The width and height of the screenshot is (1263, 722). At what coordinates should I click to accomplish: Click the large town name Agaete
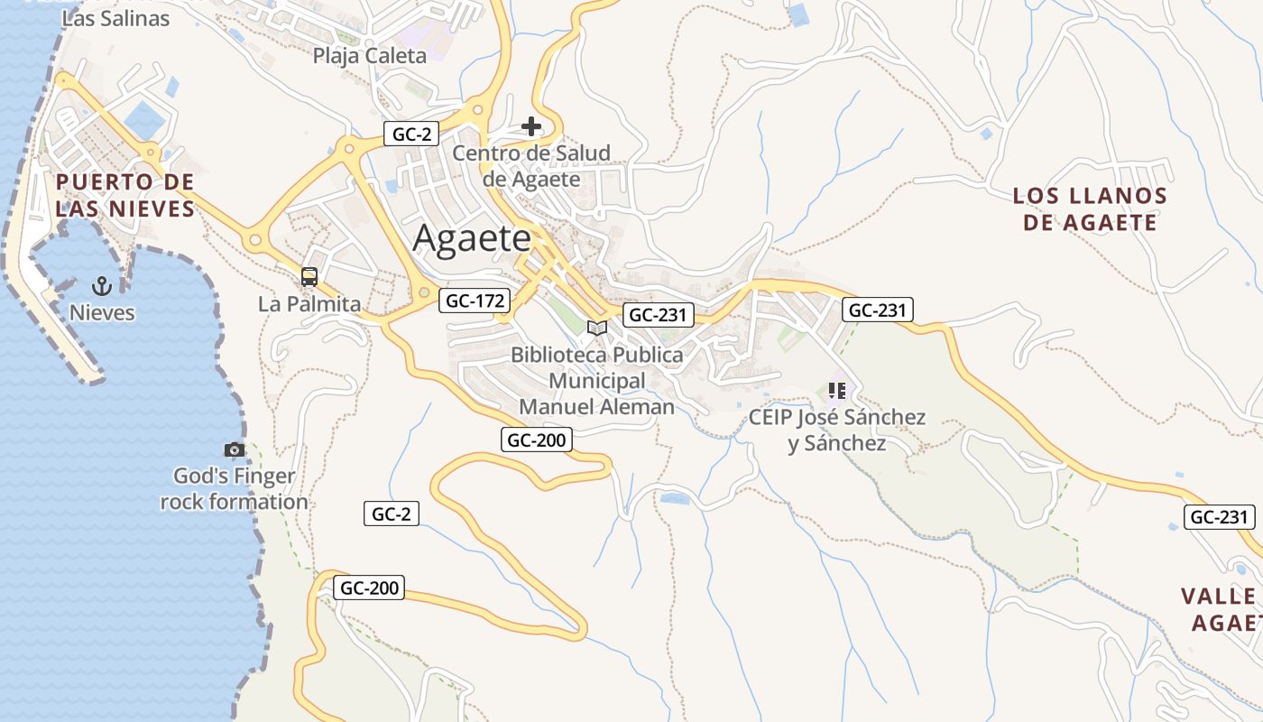point(473,239)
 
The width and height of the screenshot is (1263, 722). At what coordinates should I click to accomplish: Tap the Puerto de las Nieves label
point(124,196)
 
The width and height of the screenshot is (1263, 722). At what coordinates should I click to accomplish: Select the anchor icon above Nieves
point(102,287)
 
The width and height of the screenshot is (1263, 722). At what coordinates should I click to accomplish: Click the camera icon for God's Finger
point(235,449)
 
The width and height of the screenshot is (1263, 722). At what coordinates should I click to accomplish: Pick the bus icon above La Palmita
point(309,277)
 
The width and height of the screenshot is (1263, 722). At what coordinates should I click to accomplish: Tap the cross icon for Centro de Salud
point(531,126)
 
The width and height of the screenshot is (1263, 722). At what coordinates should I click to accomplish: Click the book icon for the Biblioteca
point(596,328)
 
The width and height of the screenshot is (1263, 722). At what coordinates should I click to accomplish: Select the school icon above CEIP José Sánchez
point(836,391)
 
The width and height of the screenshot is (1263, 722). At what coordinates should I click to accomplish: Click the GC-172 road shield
point(475,301)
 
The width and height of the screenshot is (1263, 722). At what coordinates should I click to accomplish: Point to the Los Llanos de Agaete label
point(1090,209)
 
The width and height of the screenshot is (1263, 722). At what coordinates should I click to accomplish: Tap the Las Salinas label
point(115,18)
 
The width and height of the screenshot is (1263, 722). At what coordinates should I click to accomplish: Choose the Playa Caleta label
point(369,56)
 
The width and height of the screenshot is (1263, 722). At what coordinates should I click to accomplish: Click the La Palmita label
point(309,304)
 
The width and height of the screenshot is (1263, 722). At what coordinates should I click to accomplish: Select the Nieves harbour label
point(102,313)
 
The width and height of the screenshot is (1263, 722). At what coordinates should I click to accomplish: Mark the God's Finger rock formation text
point(235,489)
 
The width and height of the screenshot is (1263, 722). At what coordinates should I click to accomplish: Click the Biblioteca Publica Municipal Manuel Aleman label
point(596,381)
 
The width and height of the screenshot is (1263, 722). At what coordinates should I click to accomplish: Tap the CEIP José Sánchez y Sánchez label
point(836,430)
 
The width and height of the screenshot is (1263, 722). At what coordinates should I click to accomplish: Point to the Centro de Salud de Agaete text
point(531,166)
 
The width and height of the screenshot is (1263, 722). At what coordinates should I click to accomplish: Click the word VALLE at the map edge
point(1218,597)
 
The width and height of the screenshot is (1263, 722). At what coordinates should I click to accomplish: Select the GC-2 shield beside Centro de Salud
point(411,134)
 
